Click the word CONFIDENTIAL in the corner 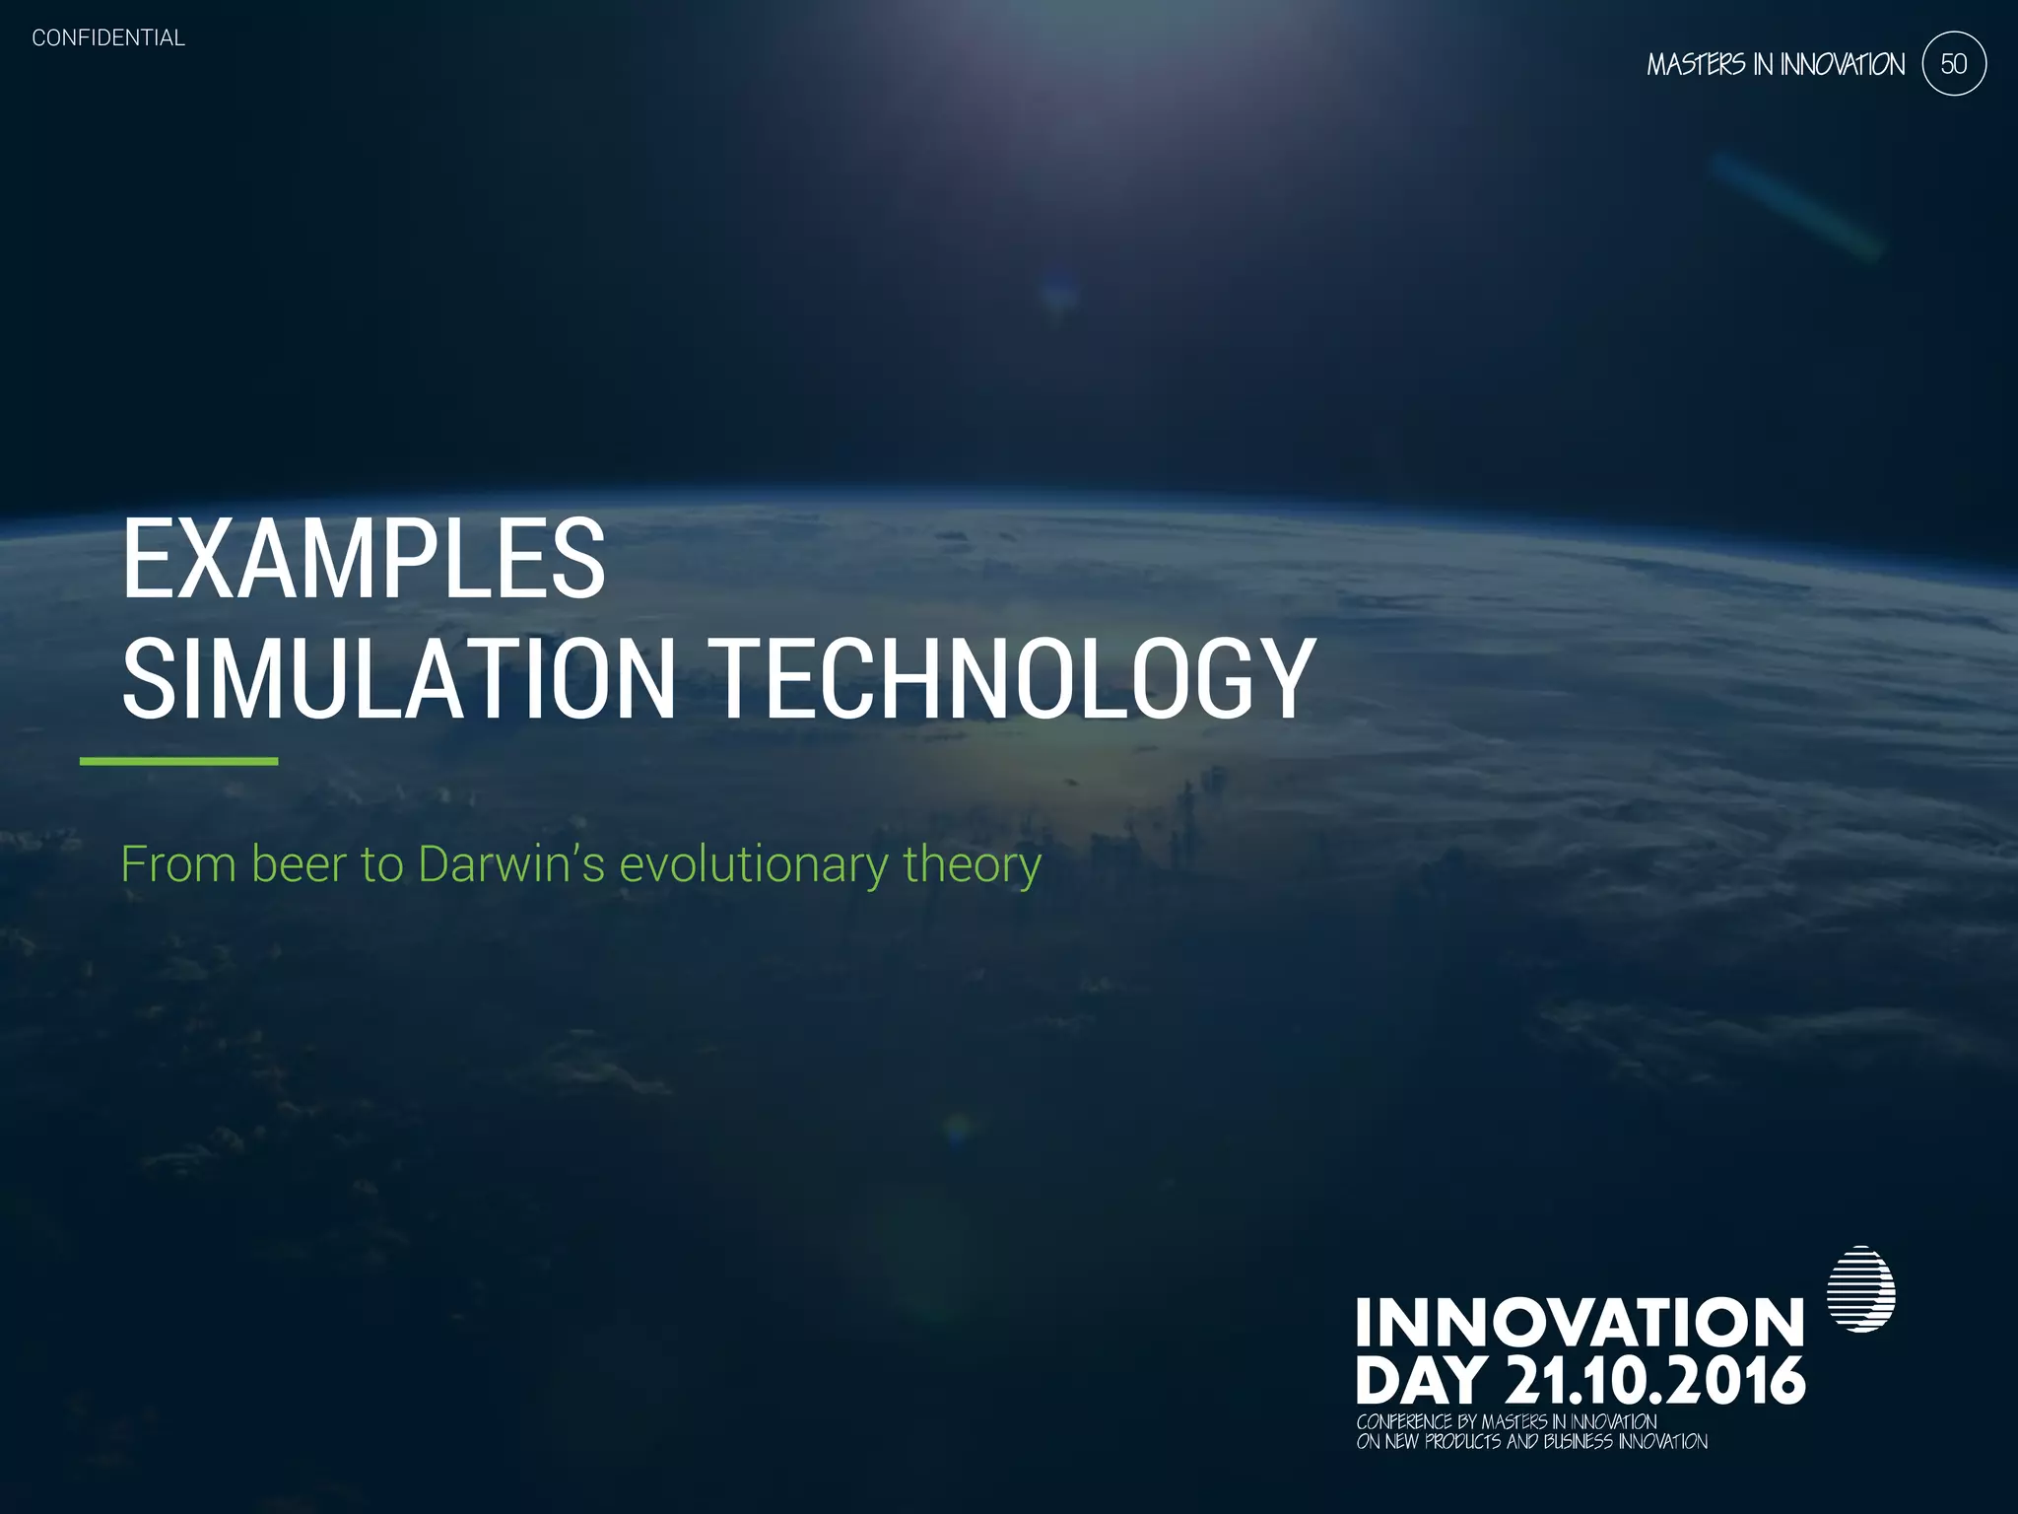[x=108, y=38]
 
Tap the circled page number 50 [x=1954, y=64]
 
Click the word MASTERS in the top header [x=1696, y=65]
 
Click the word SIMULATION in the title [x=398, y=679]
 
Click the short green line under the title [x=178, y=761]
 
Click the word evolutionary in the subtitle [x=753, y=864]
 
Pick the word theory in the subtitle [x=972, y=864]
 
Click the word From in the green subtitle [x=178, y=864]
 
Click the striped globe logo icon [x=1860, y=1289]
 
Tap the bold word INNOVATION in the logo [x=1580, y=1323]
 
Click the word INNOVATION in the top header [x=1842, y=65]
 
